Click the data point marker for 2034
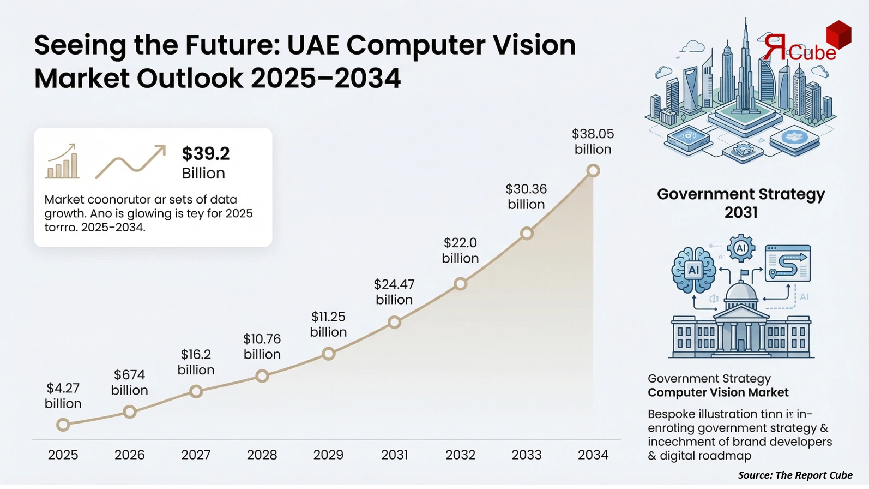tap(593, 171)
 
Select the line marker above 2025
tap(63, 425)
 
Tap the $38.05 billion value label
tap(593, 141)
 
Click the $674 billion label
tap(129, 382)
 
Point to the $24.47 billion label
tap(394, 291)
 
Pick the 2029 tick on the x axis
tap(328, 455)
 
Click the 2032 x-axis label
tap(460, 455)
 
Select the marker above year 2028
tap(262, 376)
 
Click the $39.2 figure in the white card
tap(206, 153)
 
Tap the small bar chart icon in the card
tap(62, 162)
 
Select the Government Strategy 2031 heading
tap(741, 202)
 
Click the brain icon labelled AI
tap(693, 270)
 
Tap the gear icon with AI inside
tap(741, 248)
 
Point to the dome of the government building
tap(741, 292)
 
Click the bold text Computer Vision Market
tap(718, 392)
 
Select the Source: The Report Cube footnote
tap(795, 475)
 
